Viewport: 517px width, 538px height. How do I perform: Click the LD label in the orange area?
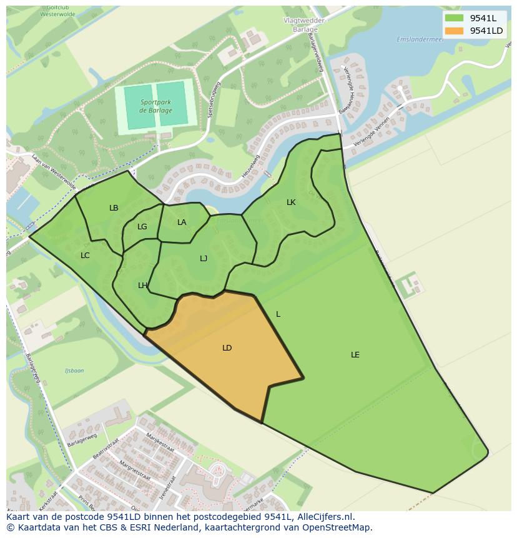(x=227, y=348)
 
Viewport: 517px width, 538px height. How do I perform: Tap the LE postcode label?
(x=355, y=355)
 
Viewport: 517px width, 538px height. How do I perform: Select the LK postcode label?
(x=291, y=202)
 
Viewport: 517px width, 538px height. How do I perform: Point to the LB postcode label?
(x=114, y=208)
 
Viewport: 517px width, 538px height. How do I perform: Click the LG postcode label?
(x=142, y=227)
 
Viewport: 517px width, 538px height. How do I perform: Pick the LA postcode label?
(x=182, y=222)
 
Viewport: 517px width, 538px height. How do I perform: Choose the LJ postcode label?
(x=204, y=259)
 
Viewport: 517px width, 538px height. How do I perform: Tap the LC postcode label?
(x=85, y=256)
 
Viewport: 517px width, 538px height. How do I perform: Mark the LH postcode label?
(x=142, y=286)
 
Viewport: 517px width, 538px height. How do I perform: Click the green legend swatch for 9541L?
(x=454, y=17)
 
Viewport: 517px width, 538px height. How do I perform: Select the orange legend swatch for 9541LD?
(x=454, y=31)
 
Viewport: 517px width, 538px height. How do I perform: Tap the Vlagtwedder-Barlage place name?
(x=305, y=24)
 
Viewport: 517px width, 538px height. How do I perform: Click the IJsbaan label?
(x=74, y=371)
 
